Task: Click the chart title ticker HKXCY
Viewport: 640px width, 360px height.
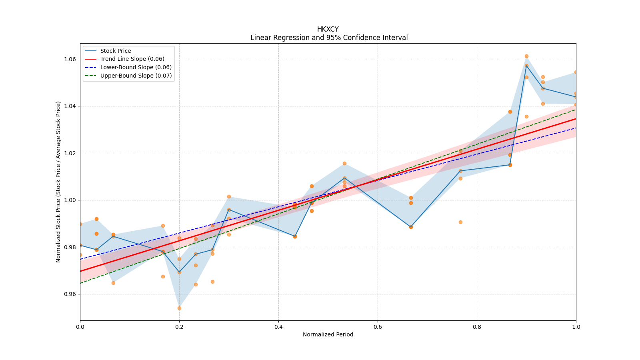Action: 328,29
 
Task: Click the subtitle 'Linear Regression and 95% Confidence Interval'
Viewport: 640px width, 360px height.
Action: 329,38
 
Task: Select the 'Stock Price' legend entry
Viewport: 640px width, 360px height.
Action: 116,51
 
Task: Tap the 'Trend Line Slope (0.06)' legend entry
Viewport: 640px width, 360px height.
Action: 132,59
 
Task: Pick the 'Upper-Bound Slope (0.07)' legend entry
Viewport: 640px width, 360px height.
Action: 136,76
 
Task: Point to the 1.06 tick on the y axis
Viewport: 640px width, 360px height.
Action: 70,59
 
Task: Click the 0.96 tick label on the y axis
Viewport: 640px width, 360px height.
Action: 70,294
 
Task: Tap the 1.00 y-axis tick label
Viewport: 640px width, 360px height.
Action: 70,200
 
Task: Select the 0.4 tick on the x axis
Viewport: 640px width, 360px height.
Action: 278,327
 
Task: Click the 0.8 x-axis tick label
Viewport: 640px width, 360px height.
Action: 477,327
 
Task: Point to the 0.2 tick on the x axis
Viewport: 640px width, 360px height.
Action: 179,327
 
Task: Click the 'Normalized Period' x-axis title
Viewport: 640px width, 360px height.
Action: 328,334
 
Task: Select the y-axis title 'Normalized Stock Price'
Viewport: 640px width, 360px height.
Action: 58,182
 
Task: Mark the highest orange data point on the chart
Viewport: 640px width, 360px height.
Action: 526,56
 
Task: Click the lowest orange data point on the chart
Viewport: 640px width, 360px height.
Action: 179,308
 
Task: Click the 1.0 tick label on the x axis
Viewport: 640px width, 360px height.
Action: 576,327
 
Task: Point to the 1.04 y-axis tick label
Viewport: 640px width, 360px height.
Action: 70,106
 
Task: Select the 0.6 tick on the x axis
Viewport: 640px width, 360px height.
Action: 378,327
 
